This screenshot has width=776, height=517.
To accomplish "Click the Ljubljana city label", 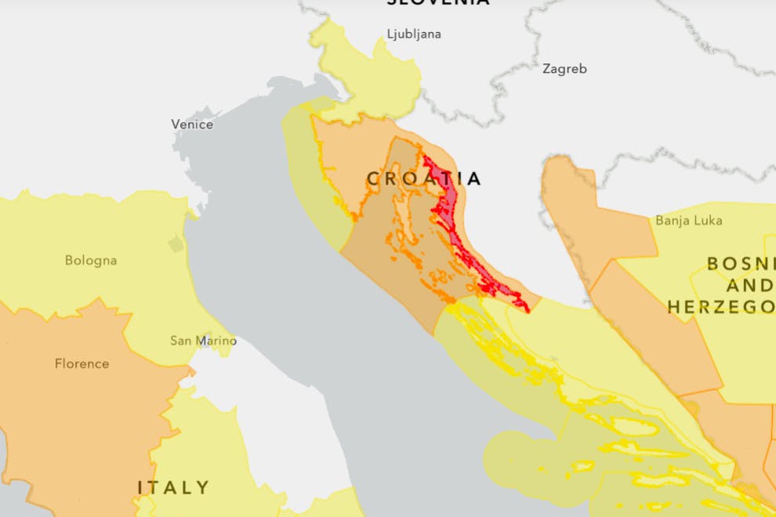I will tap(414, 34).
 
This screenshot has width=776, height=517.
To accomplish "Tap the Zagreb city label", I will tap(564, 69).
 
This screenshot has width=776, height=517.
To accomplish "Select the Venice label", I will tap(192, 125).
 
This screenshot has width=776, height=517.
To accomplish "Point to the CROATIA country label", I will tap(424, 179).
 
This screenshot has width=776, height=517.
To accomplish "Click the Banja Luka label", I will tap(688, 221).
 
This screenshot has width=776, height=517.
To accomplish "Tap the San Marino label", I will tap(203, 341).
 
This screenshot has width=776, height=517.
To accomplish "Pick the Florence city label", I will tap(82, 363).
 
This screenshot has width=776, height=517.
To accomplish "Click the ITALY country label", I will tap(174, 487).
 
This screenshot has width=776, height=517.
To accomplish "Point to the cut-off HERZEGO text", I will tap(721, 306).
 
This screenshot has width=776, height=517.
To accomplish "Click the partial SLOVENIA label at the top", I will tap(438, 3).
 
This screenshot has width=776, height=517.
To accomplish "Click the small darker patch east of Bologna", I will tap(176, 244).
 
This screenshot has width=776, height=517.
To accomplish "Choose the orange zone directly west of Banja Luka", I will tap(580, 211).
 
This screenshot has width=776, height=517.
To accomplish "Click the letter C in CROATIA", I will tap(373, 179).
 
